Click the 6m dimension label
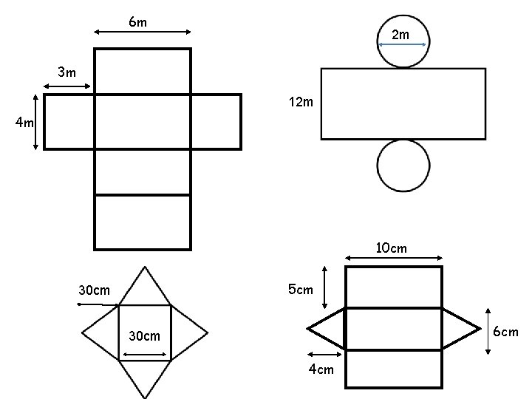[137, 22]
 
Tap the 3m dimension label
[67, 72]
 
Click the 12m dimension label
[302, 102]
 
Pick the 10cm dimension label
[391, 248]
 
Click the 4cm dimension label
[321, 369]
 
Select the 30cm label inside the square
[143, 336]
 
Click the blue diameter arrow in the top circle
[402, 45]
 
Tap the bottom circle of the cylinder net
[403, 165]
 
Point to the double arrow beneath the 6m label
[143, 32]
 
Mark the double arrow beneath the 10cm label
[394, 258]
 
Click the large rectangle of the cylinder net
[403, 103]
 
